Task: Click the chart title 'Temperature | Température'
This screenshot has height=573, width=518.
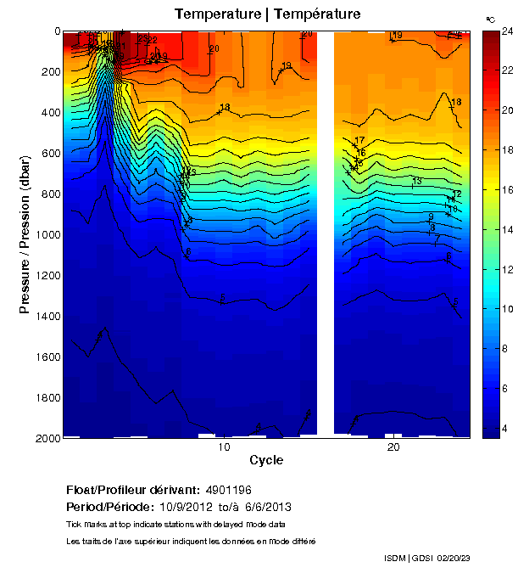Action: pos(267,14)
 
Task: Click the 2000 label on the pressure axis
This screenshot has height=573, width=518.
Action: pos(49,438)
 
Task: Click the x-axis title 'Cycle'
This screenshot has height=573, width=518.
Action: pos(266,461)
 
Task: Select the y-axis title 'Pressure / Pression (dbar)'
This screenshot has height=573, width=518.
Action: pos(25,234)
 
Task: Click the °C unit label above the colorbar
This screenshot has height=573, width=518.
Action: pos(490,18)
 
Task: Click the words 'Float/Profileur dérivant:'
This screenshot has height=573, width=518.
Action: pos(132,491)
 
